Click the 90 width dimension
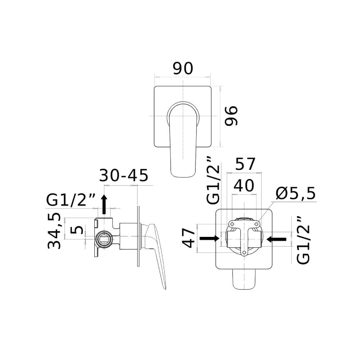point(183,68)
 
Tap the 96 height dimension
point(231,116)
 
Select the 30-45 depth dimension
point(124,176)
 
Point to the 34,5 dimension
point(54,231)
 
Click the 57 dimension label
point(245,164)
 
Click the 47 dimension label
point(189,238)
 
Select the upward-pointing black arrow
point(104,204)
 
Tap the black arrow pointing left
point(276,239)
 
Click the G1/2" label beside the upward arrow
point(71,200)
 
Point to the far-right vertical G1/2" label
point(303,240)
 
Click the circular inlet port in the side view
point(104,239)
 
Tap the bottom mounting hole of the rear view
point(244,253)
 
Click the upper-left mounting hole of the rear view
point(232,224)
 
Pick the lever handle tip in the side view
point(165,288)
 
